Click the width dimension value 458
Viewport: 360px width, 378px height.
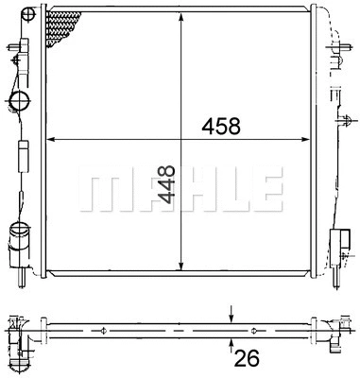221,125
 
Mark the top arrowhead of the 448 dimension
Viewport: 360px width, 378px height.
180,16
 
